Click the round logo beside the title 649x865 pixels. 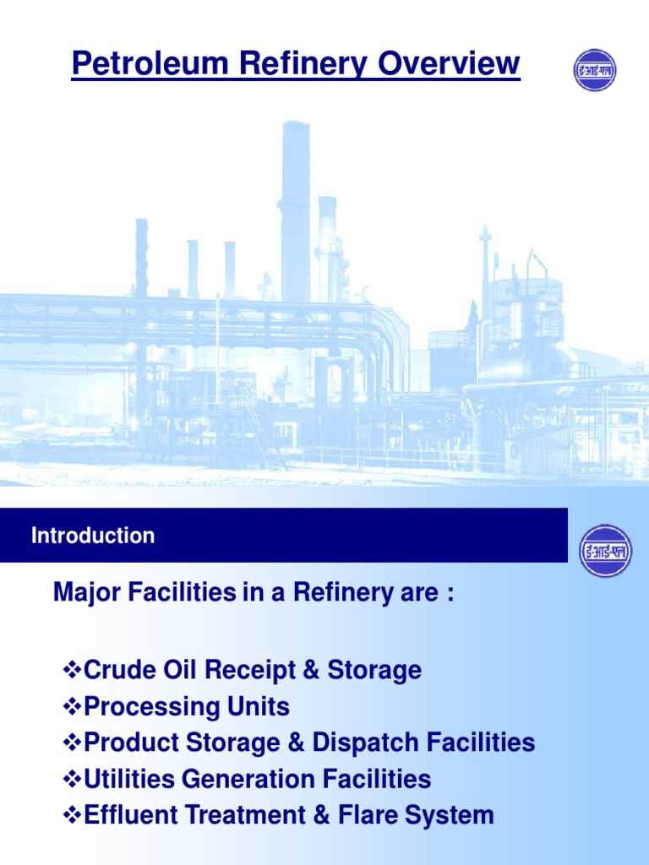[595, 70]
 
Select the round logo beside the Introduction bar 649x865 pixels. [605, 551]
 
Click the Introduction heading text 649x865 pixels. [93, 536]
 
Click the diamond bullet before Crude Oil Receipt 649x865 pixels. [73, 671]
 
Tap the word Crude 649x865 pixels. [119, 671]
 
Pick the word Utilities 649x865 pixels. [128, 779]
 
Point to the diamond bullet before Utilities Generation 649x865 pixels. [73, 779]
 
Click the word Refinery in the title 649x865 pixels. [289, 64]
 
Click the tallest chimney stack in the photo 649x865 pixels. [295, 211]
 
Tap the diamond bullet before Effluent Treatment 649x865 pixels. [73, 815]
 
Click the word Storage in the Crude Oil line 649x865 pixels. [374, 671]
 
